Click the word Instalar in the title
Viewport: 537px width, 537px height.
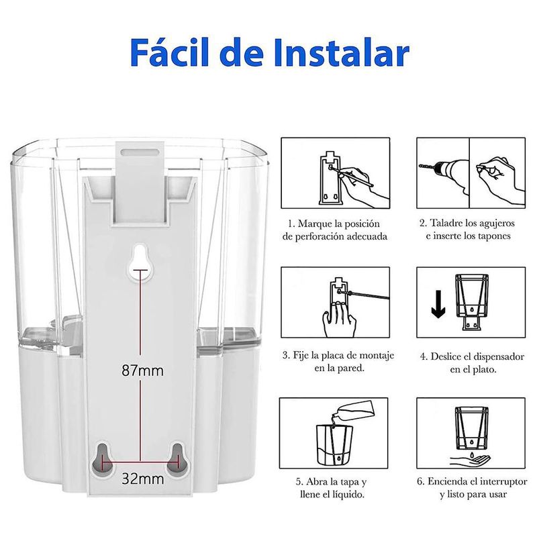(342, 53)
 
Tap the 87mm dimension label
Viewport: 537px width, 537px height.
(142, 371)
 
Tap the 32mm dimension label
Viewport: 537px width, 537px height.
(142, 479)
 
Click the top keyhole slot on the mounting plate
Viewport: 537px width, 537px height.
(140, 262)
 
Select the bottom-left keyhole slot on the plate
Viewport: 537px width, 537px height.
(102, 460)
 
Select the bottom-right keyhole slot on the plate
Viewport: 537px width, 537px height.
(177, 459)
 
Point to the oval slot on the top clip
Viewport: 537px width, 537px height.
(140, 152)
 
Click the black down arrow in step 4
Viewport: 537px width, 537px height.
(438, 304)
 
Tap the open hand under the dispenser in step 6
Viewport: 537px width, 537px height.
(471, 460)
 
